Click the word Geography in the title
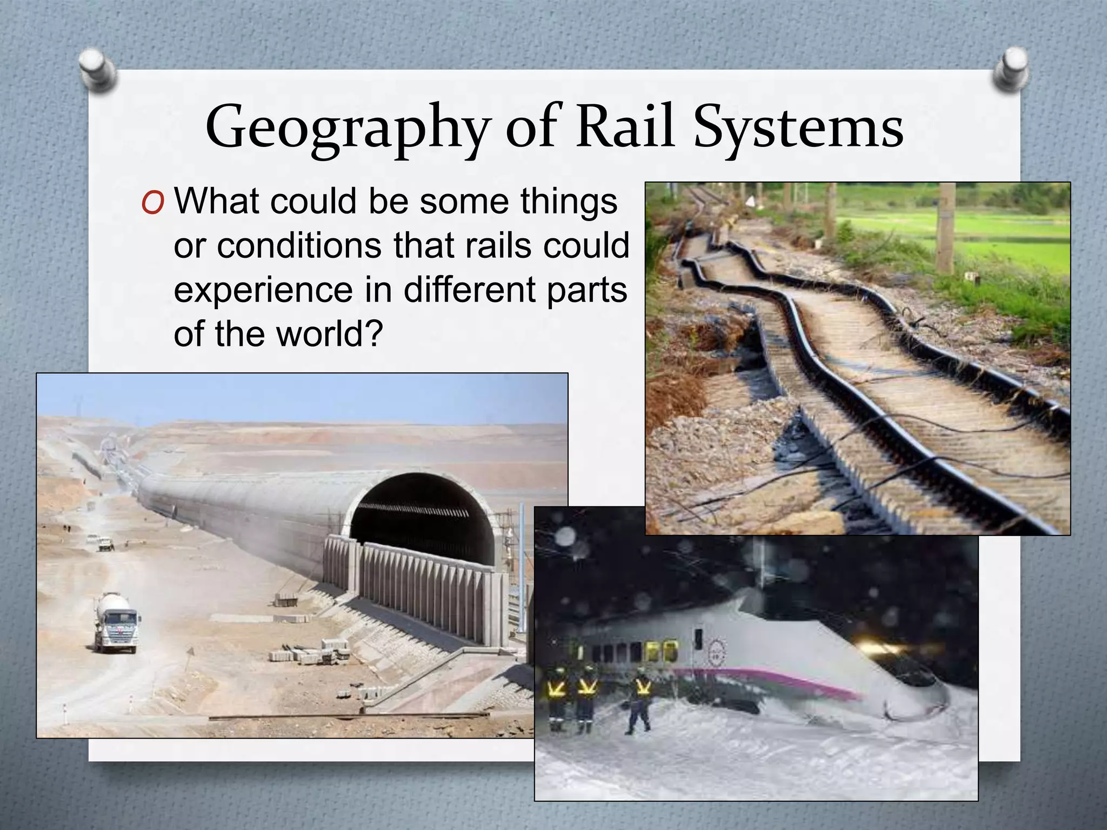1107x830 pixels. coord(346,129)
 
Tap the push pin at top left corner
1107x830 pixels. coord(97,69)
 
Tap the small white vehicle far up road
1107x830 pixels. coord(105,544)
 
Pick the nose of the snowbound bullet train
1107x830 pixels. coord(919,702)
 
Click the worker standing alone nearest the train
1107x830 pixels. coord(641,700)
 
